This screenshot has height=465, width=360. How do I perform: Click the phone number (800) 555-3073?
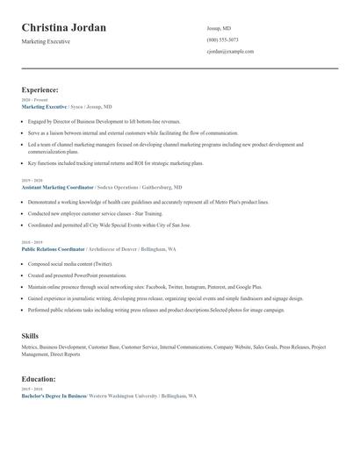click(x=222, y=39)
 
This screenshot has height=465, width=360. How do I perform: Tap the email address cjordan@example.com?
click(x=230, y=52)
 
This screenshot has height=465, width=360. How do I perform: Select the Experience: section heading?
click(x=40, y=89)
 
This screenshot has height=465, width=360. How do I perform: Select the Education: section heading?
click(x=40, y=379)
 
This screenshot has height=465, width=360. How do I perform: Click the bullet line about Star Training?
click(x=88, y=213)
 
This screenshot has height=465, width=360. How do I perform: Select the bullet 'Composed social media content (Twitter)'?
click(x=70, y=263)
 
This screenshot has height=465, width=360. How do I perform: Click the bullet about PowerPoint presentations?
click(x=78, y=275)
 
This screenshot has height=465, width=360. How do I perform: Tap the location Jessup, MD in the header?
click(x=219, y=27)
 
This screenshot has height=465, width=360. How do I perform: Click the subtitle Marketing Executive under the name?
click(x=47, y=42)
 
